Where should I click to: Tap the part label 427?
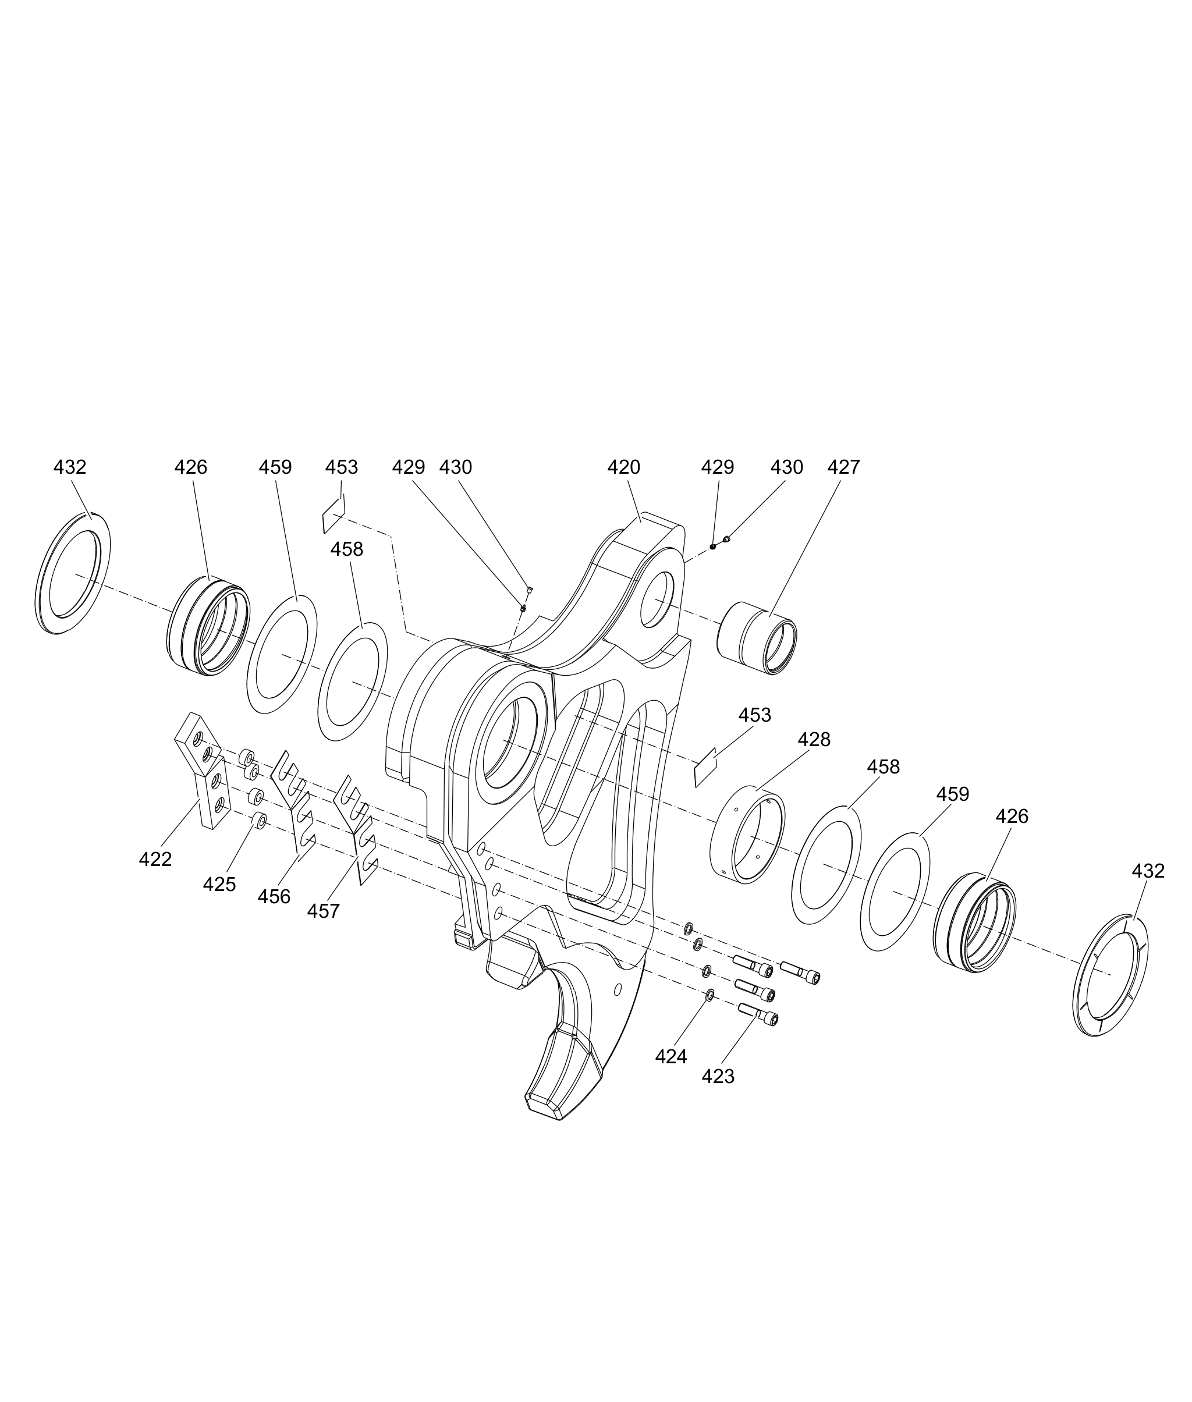(843, 467)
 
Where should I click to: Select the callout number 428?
(814, 740)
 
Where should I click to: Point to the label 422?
(155, 860)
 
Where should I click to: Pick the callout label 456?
(274, 897)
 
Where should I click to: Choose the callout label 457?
(324, 911)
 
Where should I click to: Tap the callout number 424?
(671, 1057)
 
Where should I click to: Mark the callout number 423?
(718, 1077)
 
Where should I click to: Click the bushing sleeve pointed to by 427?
(756, 638)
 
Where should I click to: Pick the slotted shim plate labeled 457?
(356, 829)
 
